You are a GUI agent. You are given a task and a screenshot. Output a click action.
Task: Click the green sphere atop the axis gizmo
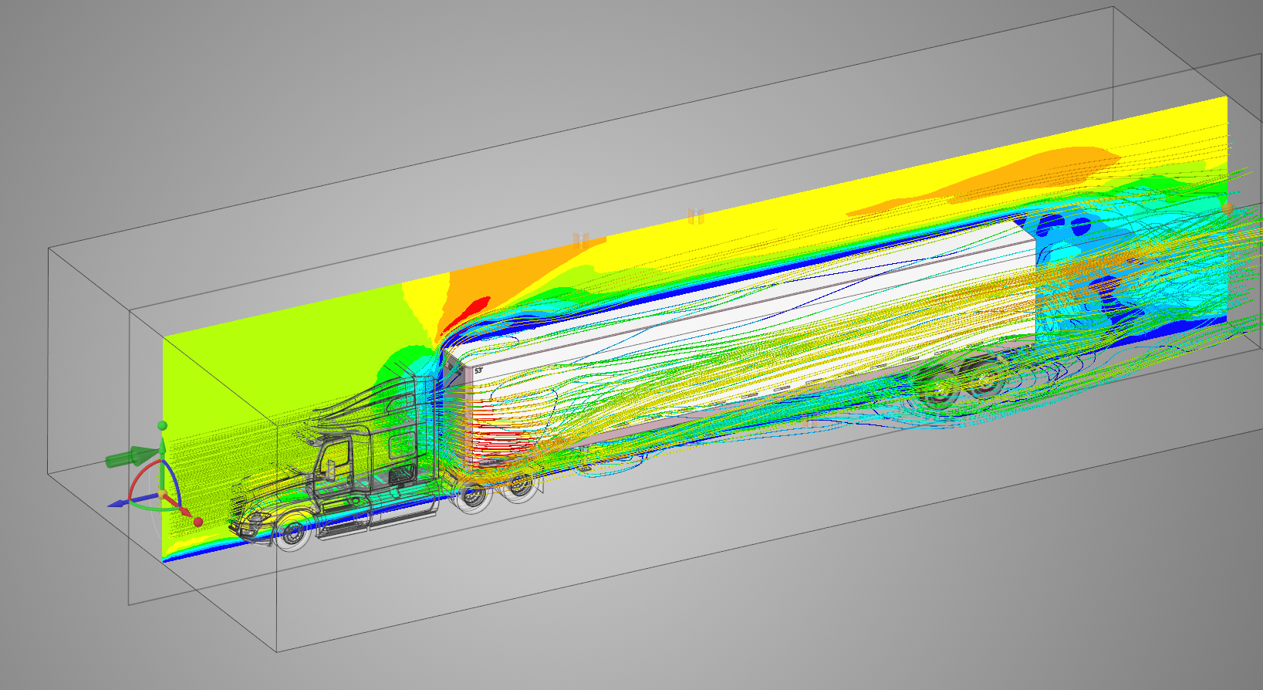coord(162,425)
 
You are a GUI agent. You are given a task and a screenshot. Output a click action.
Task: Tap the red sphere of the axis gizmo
coord(198,522)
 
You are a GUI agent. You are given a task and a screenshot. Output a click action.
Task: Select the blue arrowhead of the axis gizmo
coord(115,504)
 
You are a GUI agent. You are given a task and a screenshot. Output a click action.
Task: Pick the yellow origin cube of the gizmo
coord(162,495)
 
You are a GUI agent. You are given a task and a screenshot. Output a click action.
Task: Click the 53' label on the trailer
coord(478,370)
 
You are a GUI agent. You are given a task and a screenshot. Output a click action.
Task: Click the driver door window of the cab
coord(336,456)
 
